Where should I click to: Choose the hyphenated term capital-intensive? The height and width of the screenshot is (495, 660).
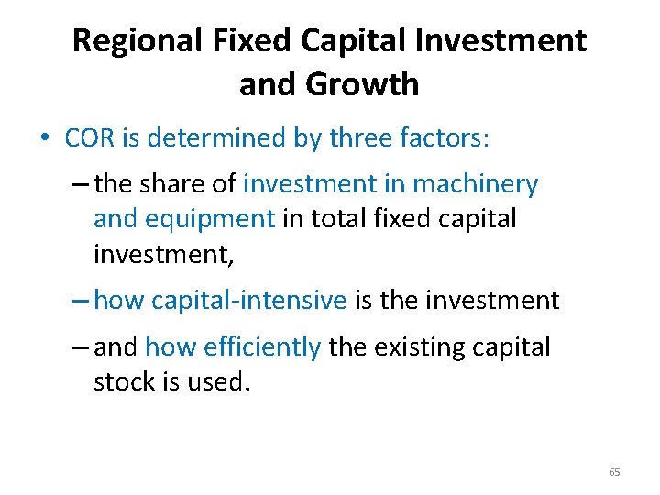249,300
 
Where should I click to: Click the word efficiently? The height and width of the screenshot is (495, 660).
233,346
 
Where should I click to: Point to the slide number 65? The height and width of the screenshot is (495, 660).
614,472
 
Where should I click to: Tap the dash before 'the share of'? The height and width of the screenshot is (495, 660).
79,184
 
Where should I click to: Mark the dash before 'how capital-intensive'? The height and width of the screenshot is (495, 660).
79,300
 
